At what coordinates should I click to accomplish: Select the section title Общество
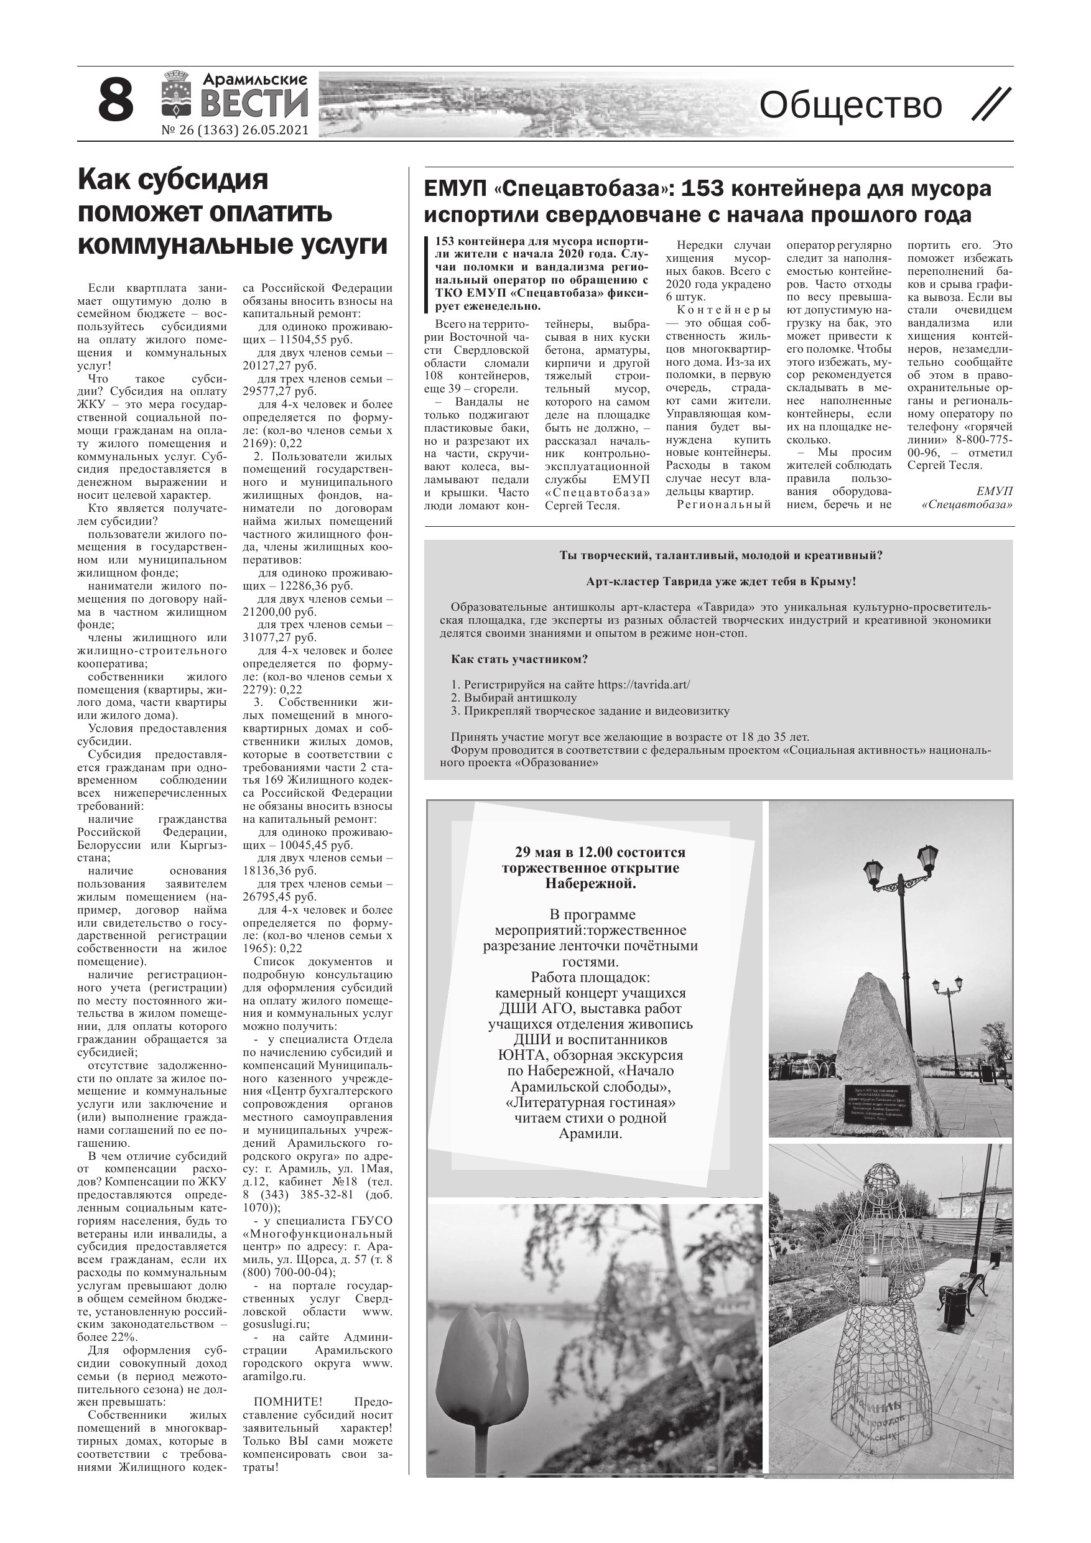(850, 105)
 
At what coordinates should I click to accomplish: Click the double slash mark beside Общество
(991, 105)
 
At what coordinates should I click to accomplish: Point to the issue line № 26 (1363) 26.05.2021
(234, 131)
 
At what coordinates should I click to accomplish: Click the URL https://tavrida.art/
(643, 685)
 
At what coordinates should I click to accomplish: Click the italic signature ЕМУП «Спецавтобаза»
(968, 498)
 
